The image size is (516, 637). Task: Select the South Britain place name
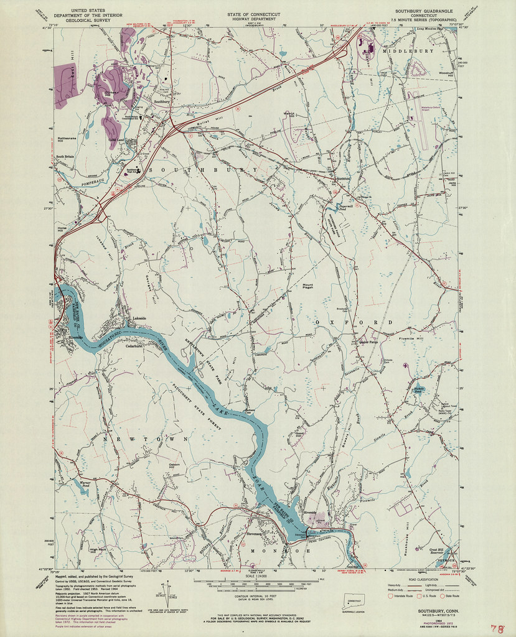pos(65,156)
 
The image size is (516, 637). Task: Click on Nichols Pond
pos(418,390)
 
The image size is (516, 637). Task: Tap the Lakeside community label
pos(138,318)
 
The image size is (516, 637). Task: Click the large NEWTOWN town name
pos(136,439)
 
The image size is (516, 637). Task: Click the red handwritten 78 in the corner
pos(497,629)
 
